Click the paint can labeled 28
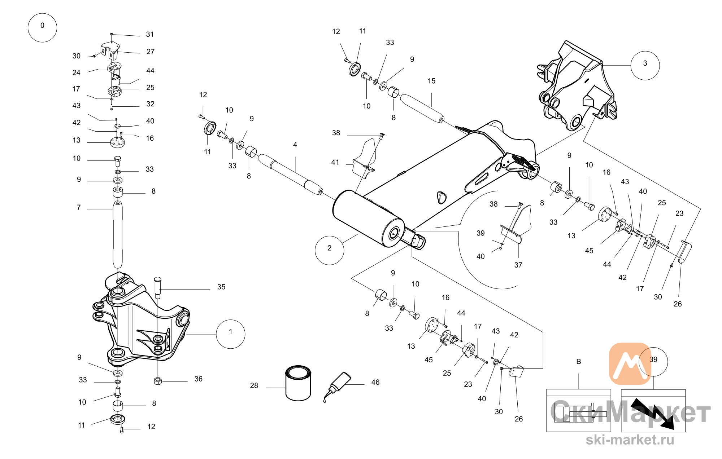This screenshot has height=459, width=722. [x=298, y=383]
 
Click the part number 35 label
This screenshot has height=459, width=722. [x=221, y=287]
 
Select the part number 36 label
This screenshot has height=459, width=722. [x=199, y=379]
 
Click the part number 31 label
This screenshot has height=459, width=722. [x=150, y=35]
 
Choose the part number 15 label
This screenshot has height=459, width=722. [x=431, y=81]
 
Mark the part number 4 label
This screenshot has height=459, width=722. [x=295, y=145]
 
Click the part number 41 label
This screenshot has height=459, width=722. [x=335, y=162]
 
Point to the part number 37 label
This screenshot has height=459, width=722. [x=518, y=265]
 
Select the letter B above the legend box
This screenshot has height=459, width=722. [x=578, y=362]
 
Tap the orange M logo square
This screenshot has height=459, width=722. [x=630, y=363]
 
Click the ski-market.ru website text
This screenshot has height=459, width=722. [x=630, y=440]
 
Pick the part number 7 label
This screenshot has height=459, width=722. [x=79, y=208]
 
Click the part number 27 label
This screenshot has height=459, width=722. [x=151, y=52]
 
